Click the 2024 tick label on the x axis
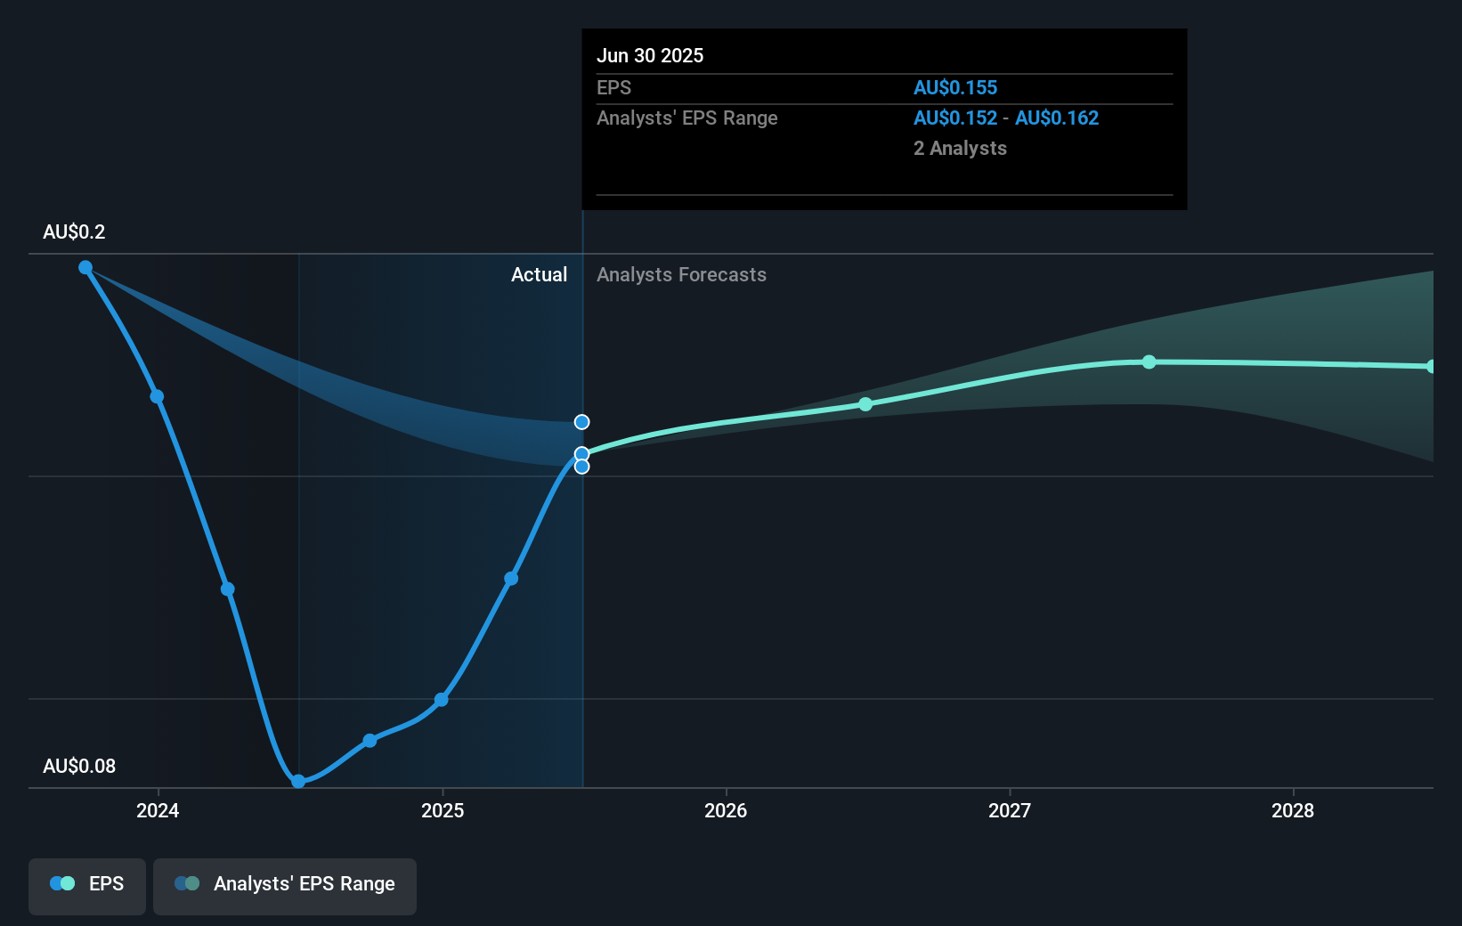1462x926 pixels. click(x=158, y=810)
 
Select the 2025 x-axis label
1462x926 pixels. click(x=443, y=810)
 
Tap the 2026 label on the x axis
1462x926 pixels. click(x=726, y=810)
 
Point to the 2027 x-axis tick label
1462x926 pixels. click(x=1010, y=810)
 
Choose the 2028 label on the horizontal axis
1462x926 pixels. click(x=1293, y=810)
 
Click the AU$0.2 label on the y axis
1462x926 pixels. click(x=74, y=232)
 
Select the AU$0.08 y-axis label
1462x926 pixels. click(x=79, y=767)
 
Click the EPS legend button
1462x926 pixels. click(x=87, y=885)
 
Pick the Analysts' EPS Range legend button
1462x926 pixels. click(x=285, y=885)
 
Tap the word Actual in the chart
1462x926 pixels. click(x=539, y=275)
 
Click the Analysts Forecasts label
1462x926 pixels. click(x=681, y=275)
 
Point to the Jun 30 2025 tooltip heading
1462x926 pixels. click(x=650, y=56)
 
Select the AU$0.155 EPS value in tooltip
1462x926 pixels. click(x=955, y=88)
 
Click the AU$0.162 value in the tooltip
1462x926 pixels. click(x=1057, y=118)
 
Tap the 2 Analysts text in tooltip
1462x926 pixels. click(x=960, y=149)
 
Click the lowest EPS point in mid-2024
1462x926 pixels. click(x=299, y=782)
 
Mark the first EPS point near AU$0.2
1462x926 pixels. click(x=85, y=267)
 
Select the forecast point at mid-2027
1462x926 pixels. click(x=1149, y=361)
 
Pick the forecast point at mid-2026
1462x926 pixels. click(x=865, y=404)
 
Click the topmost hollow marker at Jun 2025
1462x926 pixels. click(x=581, y=422)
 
